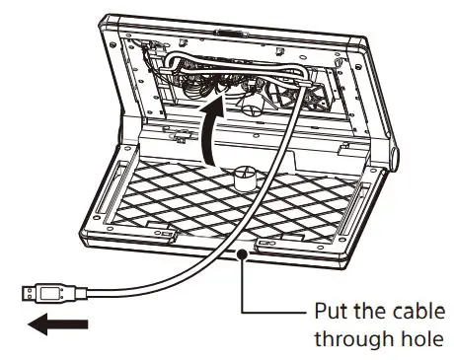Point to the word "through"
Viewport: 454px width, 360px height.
tap(346, 340)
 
